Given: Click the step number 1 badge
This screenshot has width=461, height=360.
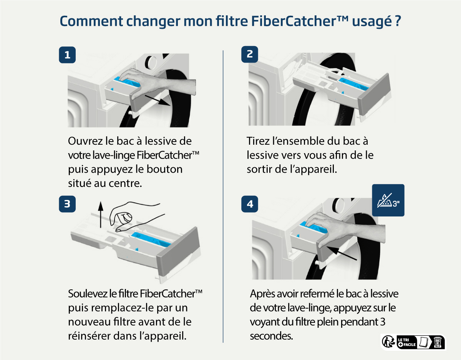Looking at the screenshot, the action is [67, 55].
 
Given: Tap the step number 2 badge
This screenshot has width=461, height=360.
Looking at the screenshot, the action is [250, 54].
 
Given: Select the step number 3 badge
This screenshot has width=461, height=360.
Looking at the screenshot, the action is [67, 204].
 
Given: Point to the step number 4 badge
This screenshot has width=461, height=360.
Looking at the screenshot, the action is [250, 204].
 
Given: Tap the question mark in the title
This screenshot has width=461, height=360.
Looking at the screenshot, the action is [398, 21].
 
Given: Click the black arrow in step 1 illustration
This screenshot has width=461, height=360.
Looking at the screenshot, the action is [158, 100].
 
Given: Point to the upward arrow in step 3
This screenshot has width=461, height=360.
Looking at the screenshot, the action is [101, 215].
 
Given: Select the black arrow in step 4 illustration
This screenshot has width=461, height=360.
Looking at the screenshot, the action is [342, 253].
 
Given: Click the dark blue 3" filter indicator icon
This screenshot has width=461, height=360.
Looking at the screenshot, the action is [388, 200].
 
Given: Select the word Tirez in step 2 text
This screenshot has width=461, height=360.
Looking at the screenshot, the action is [258, 141].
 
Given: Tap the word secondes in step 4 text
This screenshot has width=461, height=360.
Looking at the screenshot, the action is [271, 336].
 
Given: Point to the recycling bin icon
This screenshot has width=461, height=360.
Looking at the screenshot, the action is [438, 342].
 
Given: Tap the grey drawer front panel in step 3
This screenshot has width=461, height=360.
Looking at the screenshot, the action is [179, 252].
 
